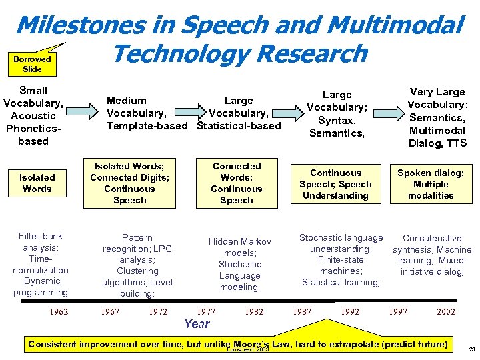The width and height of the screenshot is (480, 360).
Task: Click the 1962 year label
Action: tap(59, 311)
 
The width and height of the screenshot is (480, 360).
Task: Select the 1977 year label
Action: tap(207, 311)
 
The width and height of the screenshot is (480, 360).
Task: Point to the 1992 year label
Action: tap(350, 311)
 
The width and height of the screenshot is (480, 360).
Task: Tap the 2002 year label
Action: tap(446, 311)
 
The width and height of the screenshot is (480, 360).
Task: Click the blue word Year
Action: tap(197, 324)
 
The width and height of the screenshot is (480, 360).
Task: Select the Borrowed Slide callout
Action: tap(32, 64)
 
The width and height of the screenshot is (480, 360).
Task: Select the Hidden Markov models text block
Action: tap(240, 264)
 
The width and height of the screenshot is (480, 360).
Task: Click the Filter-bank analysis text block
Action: tap(40, 264)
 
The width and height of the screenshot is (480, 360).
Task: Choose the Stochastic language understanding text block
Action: tap(341, 260)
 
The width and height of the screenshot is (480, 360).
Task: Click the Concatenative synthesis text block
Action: tap(432, 255)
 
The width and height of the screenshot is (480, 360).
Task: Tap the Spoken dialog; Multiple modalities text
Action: tap(431, 184)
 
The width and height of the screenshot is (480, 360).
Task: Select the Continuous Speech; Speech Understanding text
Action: tap(335, 184)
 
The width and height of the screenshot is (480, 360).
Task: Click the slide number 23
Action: tap(471, 349)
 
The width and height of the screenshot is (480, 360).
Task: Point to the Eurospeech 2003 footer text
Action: tap(248, 350)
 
